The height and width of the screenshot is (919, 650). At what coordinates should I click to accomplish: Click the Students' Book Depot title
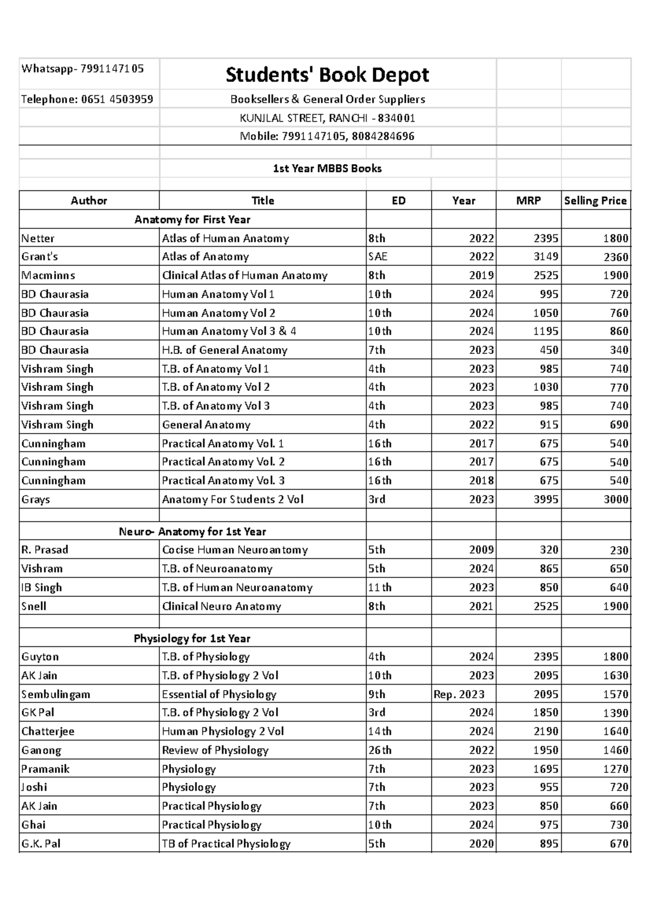(x=327, y=75)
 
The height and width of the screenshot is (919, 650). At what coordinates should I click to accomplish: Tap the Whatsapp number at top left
(x=82, y=69)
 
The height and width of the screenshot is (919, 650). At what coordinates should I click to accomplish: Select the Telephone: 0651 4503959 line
(x=87, y=99)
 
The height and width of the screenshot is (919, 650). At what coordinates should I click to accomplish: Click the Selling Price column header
(x=595, y=201)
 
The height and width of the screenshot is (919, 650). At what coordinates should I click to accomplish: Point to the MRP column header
(x=528, y=201)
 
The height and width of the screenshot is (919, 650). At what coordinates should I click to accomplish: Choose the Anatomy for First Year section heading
(x=192, y=220)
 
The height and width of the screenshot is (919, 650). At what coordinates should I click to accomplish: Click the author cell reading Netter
(x=38, y=239)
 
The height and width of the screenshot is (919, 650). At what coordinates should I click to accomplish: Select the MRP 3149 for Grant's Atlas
(x=545, y=257)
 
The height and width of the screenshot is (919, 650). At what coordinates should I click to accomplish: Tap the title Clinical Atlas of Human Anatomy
(x=244, y=275)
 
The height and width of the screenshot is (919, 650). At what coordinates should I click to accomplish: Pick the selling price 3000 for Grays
(x=616, y=500)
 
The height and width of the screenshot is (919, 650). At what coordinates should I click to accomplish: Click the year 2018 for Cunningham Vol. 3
(x=481, y=481)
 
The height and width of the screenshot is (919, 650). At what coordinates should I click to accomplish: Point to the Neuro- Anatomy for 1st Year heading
(x=192, y=532)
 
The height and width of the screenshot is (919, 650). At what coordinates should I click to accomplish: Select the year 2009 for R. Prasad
(x=481, y=550)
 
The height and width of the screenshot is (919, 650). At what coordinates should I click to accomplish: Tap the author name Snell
(x=34, y=607)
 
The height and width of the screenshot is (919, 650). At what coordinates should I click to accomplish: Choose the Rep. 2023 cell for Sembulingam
(x=459, y=694)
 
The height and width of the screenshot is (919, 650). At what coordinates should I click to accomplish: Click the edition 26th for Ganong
(x=380, y=751)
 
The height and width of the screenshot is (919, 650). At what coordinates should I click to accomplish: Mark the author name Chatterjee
(x=48, y=732)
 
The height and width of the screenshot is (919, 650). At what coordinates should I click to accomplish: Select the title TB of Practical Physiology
(x=226, y=844)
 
